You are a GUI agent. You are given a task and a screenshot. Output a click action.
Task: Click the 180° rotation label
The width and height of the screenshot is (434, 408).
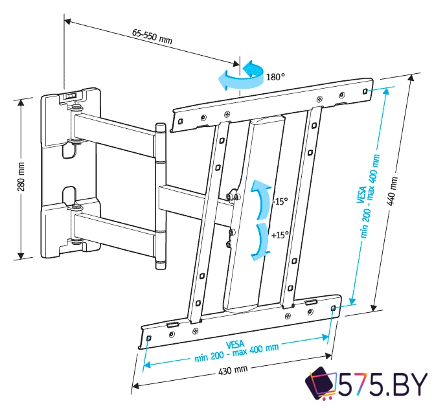275,77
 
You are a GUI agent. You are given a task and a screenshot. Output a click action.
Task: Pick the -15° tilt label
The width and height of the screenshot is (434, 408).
279,201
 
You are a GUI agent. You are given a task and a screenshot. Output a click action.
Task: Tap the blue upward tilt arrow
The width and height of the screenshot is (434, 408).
260,200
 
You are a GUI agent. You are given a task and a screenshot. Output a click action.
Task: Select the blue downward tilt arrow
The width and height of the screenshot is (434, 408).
260,241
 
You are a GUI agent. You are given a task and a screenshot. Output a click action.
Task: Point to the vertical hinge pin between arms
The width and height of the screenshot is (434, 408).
161,194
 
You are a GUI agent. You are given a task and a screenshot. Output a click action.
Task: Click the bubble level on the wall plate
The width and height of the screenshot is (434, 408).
71,95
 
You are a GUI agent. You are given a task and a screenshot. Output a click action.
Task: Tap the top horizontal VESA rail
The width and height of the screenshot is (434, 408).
272,104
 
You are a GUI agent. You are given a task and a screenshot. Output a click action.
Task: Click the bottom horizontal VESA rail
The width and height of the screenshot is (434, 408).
240,322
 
